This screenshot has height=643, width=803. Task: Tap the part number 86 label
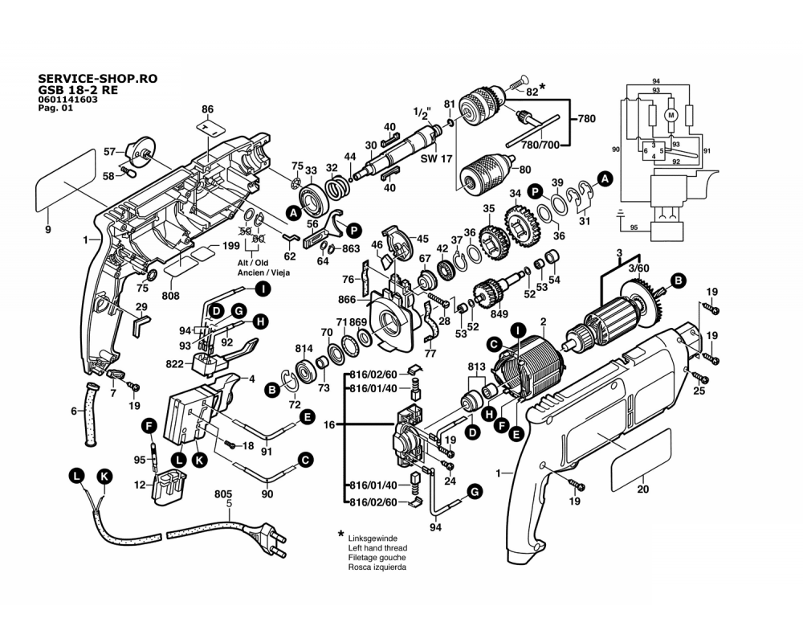207,109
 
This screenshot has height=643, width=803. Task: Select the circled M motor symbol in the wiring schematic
671,115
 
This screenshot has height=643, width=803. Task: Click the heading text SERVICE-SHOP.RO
98,79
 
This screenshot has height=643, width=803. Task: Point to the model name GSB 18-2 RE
78,90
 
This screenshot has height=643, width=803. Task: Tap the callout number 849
499,313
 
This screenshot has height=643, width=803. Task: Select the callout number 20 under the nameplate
642,489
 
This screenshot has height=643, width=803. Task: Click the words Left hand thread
377,548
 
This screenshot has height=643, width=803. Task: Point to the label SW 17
436,158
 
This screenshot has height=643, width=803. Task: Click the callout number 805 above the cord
223,494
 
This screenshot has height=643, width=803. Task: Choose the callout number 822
174,364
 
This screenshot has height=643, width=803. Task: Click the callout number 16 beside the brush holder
329,424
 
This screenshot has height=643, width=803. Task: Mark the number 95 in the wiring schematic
634,227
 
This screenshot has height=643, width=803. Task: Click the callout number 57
109,152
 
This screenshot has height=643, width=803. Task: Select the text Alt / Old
253,263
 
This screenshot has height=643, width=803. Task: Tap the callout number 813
476,367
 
